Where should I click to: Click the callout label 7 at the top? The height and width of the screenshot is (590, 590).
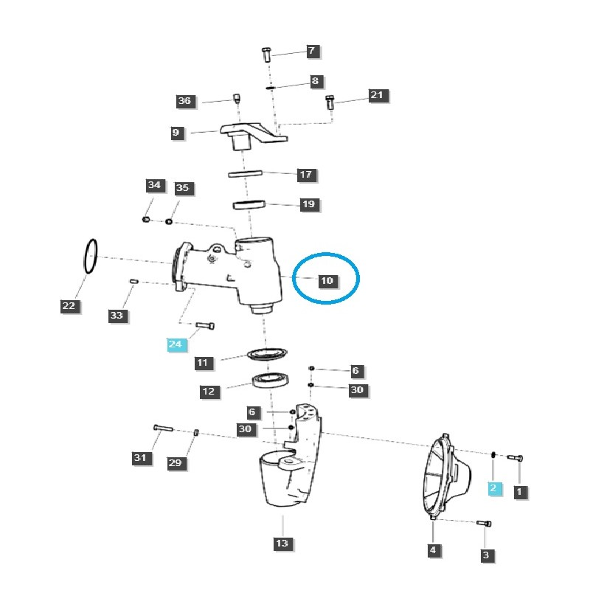[x=311, y=51]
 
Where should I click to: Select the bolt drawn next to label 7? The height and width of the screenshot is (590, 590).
[x=267, y=54]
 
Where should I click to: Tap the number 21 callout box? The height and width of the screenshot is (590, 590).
[x=377, y=95]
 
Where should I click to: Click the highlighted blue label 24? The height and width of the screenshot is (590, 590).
[x=175, y=344]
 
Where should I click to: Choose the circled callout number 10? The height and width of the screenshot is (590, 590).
[x=327, y=281]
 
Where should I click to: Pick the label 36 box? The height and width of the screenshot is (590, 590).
[x=184, y=101]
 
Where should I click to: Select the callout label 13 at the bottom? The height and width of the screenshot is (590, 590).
[x=282, y=544]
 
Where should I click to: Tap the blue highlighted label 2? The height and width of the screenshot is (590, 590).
[x=494, y=487]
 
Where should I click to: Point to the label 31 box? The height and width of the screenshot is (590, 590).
[x=141, y=458]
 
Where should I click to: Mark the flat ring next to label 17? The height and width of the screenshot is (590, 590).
[x=245, y=175]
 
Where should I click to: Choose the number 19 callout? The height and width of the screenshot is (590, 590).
[x=309, y=204]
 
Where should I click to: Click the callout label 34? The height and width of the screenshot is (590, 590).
[x=153, y=184]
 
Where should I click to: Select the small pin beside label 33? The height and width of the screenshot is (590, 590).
[x=134, y=282]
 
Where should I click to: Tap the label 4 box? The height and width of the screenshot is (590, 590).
[x=433, y=549]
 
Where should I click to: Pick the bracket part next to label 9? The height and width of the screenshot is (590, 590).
[x=254, y=135]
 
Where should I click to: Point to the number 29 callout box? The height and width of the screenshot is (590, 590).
[x=176, y=462]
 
